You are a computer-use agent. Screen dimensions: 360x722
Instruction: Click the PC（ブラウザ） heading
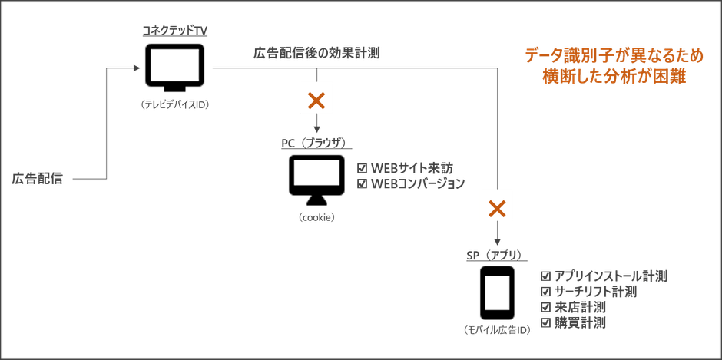(314, 142)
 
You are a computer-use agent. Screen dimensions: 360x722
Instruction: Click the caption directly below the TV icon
(175, 104)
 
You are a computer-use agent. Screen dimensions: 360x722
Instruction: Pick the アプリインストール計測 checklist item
(604, 275)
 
